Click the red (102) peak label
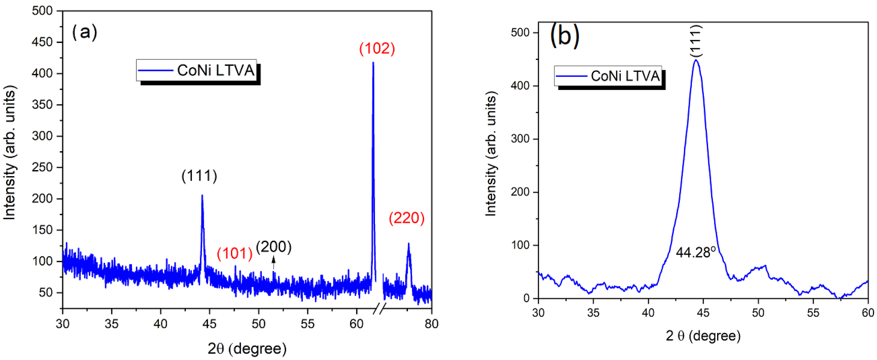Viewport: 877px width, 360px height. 377,49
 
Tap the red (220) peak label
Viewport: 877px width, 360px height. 406,218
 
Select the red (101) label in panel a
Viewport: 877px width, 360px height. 234,253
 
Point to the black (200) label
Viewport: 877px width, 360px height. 274,247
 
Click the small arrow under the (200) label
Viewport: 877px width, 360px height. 273,263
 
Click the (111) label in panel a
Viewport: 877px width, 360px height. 199,176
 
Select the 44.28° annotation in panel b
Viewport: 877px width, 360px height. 696,252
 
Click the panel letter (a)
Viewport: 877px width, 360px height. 84,32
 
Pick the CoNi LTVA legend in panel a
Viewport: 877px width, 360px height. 197,70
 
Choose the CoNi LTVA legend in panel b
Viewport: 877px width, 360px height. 608,76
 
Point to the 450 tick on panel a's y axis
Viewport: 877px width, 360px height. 42,42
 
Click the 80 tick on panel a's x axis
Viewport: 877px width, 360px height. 431,324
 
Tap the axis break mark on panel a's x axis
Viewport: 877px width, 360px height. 380,308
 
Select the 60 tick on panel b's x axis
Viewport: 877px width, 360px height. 868,313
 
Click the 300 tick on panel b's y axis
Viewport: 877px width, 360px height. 520,139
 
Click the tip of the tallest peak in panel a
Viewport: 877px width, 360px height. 373,63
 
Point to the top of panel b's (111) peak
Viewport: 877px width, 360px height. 696,60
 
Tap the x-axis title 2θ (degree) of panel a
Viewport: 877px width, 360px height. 247,349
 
